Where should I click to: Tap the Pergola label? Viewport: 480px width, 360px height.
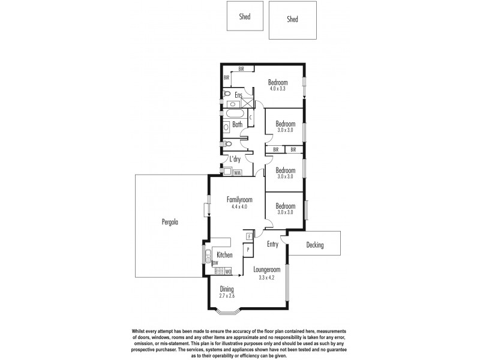point(170,221)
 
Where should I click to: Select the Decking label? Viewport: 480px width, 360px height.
point(314,245)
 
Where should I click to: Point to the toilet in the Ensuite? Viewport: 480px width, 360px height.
point(227,94)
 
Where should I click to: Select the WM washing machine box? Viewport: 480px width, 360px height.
point(238,173)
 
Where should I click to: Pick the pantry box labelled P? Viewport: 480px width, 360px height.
point(248,249)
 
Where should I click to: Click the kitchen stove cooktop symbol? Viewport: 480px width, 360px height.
point(218,271)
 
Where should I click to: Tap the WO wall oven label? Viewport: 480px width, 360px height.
point(229,271)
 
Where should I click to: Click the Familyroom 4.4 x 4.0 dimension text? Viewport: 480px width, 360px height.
point(239,206)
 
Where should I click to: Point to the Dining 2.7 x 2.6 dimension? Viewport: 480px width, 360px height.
point(227,296)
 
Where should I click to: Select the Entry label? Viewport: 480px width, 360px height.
point(272,244)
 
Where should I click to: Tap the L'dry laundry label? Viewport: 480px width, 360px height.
point(236,159)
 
